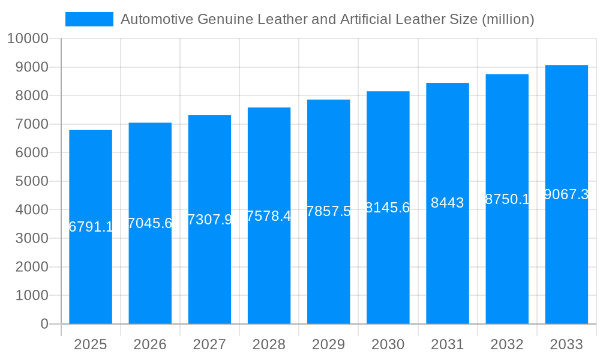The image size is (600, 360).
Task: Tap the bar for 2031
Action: tap(448, 264)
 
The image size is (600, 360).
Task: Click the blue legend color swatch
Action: tap(89, 19)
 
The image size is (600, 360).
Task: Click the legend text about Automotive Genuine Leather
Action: tap(327, 19)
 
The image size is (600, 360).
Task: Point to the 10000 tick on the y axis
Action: tap(27, 38)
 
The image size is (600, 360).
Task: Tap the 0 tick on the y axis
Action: tap(44, 324)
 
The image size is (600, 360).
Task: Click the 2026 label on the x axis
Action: tap(150, 344)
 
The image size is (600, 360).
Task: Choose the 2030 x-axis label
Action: tap(388, 344)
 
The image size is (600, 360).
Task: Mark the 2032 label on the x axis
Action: tap(507, 344)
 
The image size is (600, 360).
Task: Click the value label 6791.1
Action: tap(91, 227)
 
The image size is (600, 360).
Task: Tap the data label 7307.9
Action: tap(209, 220)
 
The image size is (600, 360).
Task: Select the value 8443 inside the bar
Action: tap(448, 203)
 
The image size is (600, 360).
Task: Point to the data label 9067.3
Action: tap(566, 194)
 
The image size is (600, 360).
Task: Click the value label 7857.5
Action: tap(328, 211)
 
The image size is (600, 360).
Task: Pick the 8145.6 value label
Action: tap(388, 208)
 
